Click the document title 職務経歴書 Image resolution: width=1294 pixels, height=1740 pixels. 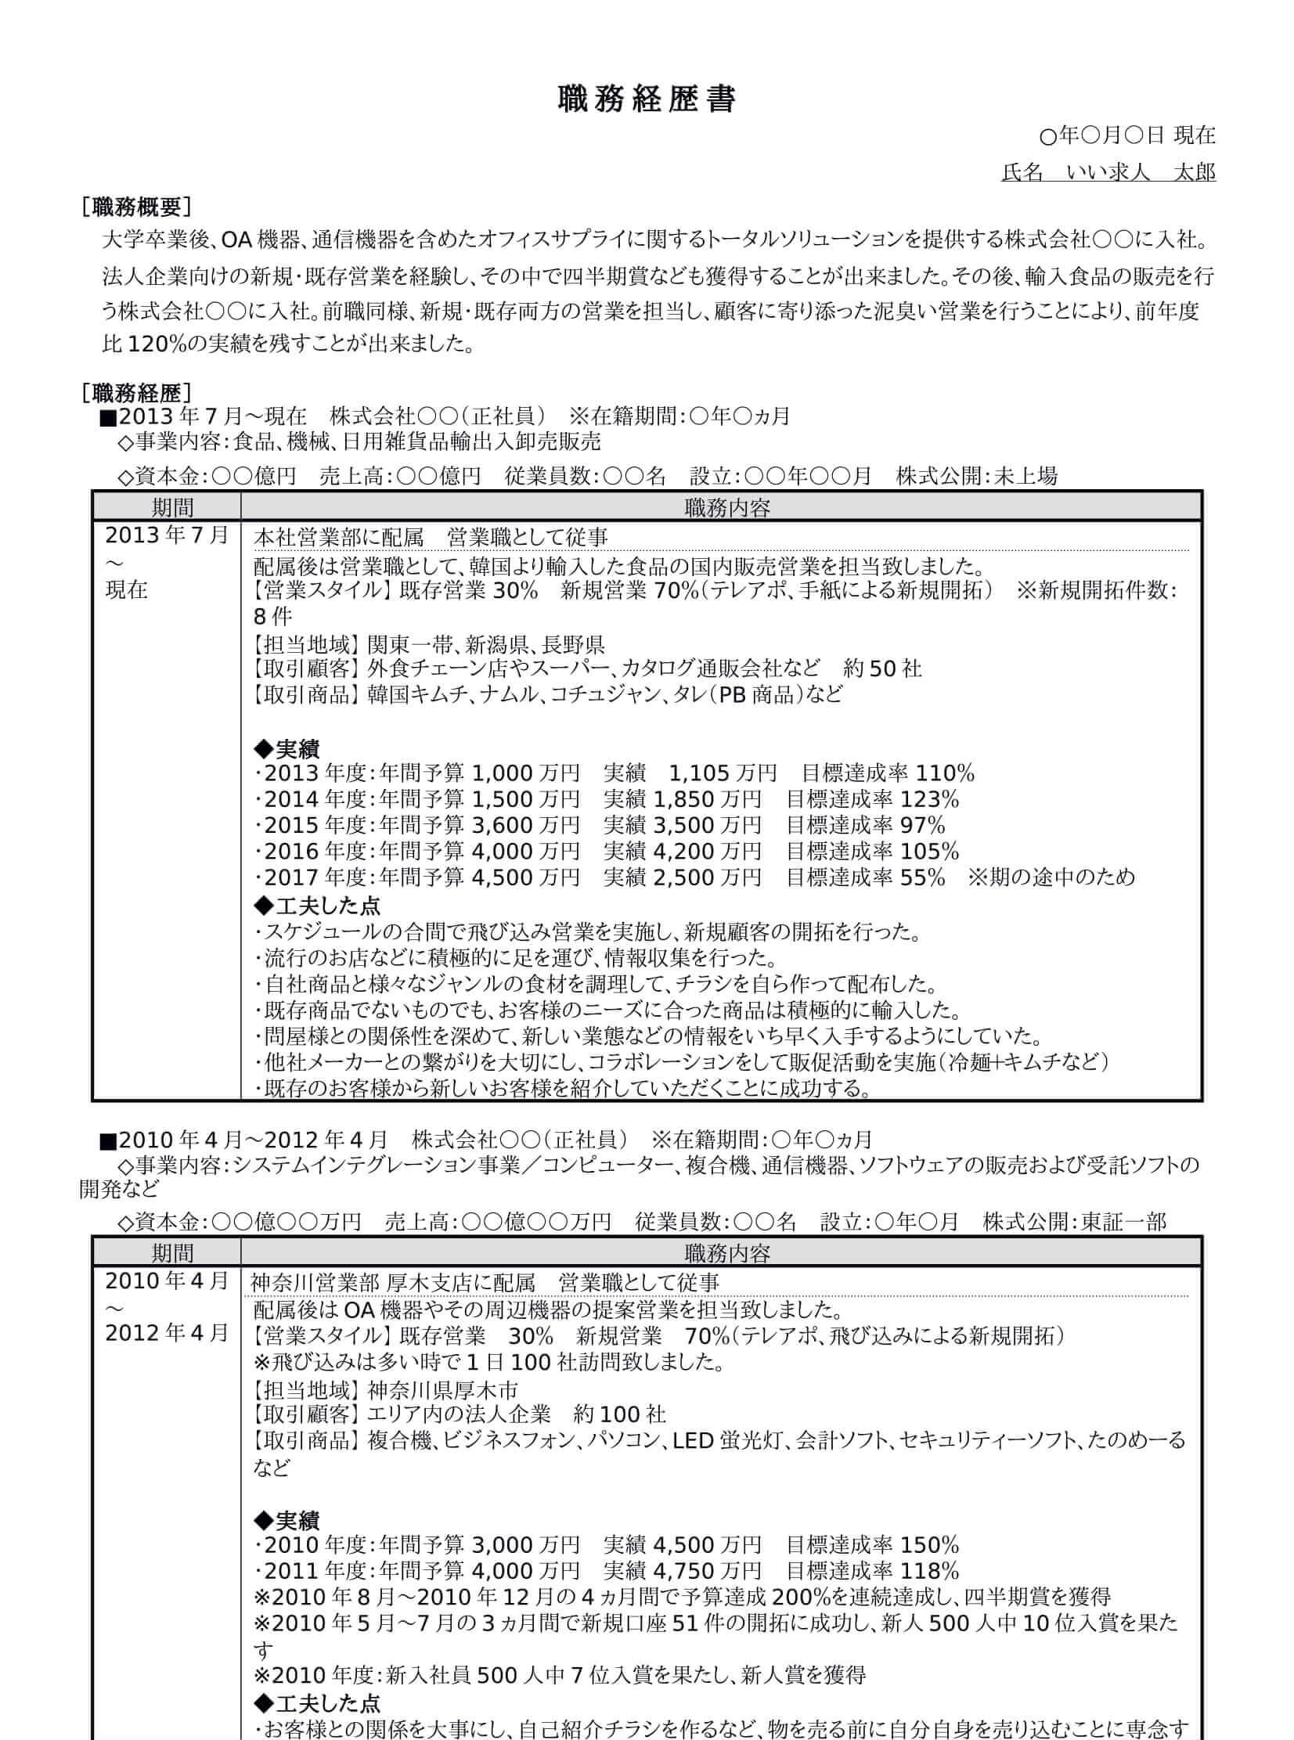click(x=646, y=100)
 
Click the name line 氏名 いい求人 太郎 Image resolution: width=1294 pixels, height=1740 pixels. click(x=1108, y=171)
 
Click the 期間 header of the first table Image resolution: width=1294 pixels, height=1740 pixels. click(x=172, y=507)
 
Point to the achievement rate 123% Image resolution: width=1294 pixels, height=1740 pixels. click(x=930, y=799)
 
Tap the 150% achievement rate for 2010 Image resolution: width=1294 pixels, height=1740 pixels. click(x=930, y=1545)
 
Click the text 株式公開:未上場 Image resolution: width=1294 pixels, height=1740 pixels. click(x=977, y=475)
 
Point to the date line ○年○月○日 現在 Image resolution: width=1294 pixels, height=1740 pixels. click(x=1127, y=135)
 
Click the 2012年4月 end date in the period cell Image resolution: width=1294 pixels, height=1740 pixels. click(x=166, y=1332)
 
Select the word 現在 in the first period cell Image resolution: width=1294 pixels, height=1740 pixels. click(x=127, y=589)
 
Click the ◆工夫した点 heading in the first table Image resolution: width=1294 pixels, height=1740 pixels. click(x=318, y=906)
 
